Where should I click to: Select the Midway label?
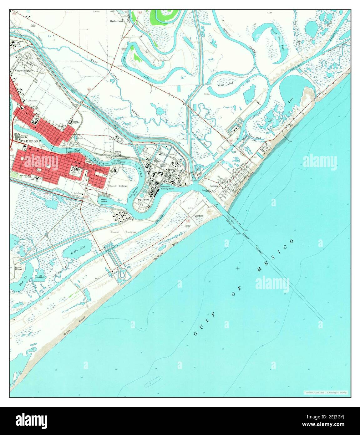(118, 151)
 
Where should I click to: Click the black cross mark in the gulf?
(238, 269)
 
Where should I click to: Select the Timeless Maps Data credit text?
(325, 392)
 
